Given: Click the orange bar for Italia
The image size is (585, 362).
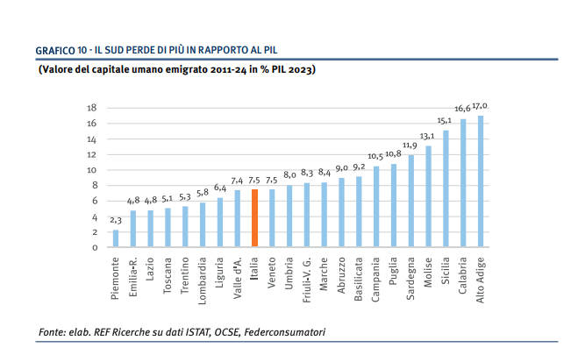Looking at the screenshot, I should coord(254,218).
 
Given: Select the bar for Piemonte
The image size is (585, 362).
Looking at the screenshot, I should coord(116,238).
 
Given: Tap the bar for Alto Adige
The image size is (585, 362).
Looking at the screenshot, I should coord(481,181).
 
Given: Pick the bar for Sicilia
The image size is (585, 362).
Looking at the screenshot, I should coord(446,188).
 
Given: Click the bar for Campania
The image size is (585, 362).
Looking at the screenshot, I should coord(376,207).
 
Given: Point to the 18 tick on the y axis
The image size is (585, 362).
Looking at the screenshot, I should coord(90,108).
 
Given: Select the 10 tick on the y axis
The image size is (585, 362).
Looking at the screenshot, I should coord(90,170).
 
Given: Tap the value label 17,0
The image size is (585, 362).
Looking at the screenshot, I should coord(480,105).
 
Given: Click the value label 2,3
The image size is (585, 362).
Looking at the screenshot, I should coord(116,220).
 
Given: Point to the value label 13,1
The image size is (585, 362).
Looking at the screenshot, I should coord(427,136).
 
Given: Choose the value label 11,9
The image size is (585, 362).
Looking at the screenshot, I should coord(410,145).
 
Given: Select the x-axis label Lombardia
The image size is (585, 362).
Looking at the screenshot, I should coord(203,276).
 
